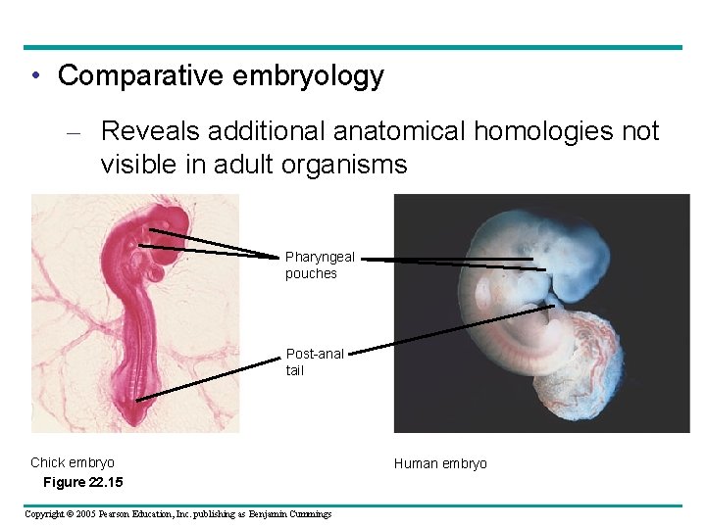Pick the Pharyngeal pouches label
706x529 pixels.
pyautogui.click(x=320, y=265)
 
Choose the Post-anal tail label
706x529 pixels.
pyautogui.click(x=315, y=361)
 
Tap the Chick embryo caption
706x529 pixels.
pyautogui.click(x=73, y=462)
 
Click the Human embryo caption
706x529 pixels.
pyautogui.click(x=440, y=463)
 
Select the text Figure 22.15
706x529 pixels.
pyautogui.click(x=83, y=482)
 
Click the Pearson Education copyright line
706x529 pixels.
pyautogui.click(x=177, y=514)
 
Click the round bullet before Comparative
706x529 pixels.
pyautogui.click(x=35, y=76)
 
